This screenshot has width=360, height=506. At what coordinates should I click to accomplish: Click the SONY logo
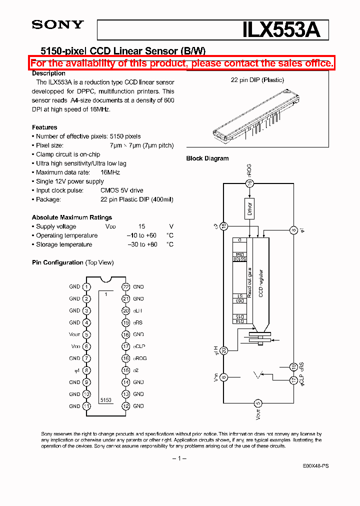(57, 24)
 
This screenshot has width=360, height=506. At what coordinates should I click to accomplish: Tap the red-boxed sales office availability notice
(181, 63)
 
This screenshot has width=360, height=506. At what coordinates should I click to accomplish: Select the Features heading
(44, 127)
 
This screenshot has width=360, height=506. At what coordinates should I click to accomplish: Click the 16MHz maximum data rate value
(110, 172)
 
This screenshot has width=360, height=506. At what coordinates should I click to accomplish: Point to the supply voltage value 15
(141, 226)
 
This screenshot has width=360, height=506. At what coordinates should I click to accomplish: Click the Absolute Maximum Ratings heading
(72, 217)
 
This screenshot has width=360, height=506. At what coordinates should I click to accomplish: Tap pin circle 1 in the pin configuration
(87, 287)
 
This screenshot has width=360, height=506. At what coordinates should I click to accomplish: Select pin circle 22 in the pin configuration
(126, 287)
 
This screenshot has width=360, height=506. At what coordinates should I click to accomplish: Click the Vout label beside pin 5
(74, 334)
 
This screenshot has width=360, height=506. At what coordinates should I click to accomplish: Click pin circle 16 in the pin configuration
(126, 358)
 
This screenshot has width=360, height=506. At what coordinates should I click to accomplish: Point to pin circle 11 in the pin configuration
(87, 406)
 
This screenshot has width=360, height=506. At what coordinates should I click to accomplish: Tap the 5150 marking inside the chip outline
(105, 400)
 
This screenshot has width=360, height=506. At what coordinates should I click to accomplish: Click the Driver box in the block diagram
(249, 207)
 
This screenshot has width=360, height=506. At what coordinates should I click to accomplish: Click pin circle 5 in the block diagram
(258, 402)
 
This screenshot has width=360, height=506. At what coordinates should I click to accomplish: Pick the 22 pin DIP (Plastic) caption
(257, 80)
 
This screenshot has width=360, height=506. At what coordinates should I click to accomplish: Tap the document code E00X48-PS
(315, 465)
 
